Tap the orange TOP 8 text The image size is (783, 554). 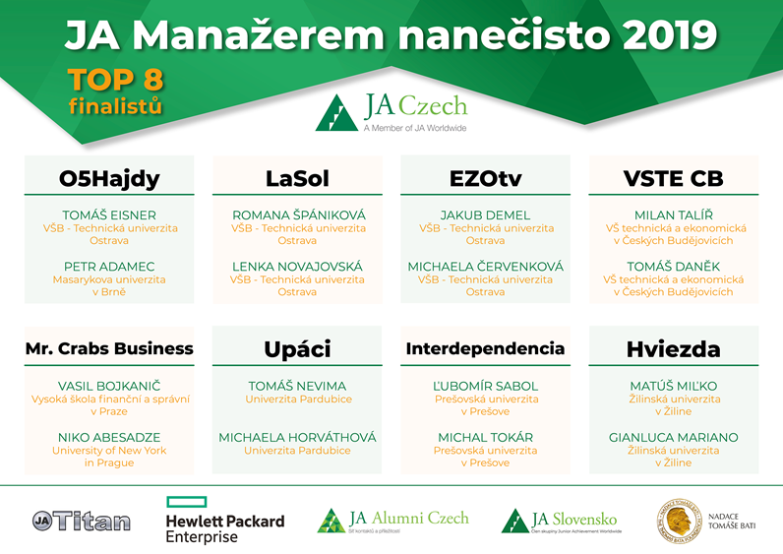[x=116, y=80]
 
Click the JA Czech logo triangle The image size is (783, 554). [x=336, y=112]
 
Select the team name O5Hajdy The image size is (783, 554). [x=109, y=178]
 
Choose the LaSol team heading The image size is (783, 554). [x=297, y=178]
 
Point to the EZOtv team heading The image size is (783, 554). [x=485, y=178]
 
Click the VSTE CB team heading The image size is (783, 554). [x=673, y=178]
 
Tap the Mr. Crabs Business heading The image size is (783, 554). [x=109, y=348]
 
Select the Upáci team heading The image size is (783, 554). [x=297, y=349]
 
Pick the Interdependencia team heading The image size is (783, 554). [x=485, y=348]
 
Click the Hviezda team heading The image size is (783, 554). [x=673, y=349]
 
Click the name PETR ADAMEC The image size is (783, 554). [x=109, y=267]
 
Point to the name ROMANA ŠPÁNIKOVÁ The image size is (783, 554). [x=299, y=215]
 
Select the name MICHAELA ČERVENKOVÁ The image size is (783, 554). [x=485, y=267]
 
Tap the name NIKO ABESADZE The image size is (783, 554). [x=109, y=437]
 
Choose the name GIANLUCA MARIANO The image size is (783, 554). [x=673, y=437]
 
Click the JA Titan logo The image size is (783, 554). [x=82, y=521]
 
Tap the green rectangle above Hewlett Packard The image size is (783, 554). [x=186, y=502]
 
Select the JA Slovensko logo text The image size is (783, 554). [x=573, y=519]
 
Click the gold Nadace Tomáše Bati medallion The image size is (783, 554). [x=679, y=521]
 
